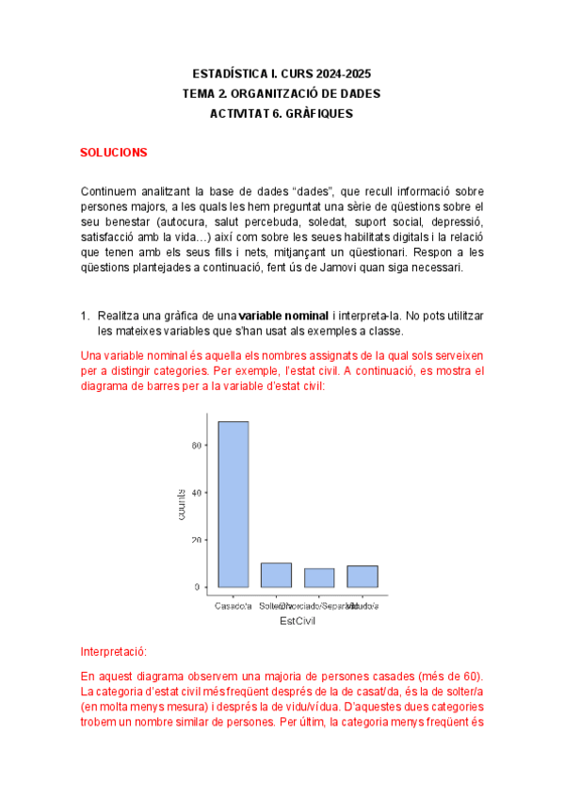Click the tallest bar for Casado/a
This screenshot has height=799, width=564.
[x=234, y=504]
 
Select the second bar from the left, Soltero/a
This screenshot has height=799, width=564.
[x=276, y=575]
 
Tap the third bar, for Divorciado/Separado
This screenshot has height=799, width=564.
[x=318, y=578]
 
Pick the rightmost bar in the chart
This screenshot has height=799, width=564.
[x=362, y=576]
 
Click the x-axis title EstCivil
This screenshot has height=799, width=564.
[x=298, y=621]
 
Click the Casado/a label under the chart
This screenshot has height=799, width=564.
[x=234, y=605]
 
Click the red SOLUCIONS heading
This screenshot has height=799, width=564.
[x=113, y=152]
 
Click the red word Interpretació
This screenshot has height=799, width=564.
[x=114, y=652]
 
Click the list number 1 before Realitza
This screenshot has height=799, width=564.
[x=84, y=315]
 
